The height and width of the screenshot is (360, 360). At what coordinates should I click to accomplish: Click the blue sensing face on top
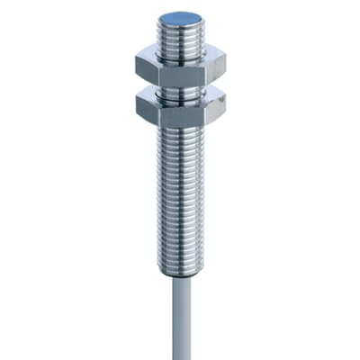click(x=180, y=18)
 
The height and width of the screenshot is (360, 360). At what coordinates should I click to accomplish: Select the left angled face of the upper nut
click(x=146, y=66)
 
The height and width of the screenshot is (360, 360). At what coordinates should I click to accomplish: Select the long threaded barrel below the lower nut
click(x=181, y=189)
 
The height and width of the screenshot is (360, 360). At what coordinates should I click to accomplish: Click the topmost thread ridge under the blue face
click(x=180, y=28)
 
